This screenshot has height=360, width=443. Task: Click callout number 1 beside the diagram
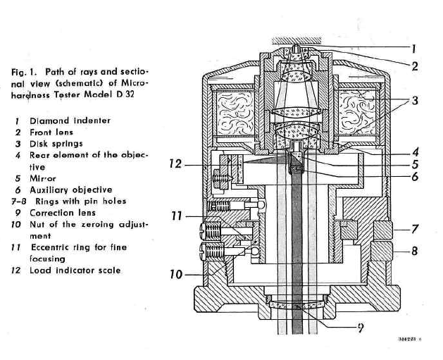pyautogui.click(x=414, y=49)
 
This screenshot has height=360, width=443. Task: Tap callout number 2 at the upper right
pyautogui.click(x=414, y=66)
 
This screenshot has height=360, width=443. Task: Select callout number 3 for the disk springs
pyautogui.click(x=415, y=101)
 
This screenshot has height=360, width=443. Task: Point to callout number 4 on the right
pyautogui.click(x=415, y=152)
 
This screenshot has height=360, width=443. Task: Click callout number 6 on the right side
pyautogui.click(x=415, y=177)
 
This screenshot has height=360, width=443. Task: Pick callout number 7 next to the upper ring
pyautogui.click(x=414, y=228)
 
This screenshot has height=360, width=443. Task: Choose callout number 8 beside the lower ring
pyautogui.click(x=414, y=251)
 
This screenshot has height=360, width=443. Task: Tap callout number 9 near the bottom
pyautogui.click(x=361, y=328)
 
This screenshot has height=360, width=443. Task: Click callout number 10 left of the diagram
pyautogui.click(x=176, y=274)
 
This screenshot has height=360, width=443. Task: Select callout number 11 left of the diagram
pyautogui.click(x=177, y=216)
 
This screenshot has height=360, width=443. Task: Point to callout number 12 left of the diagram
pyautogui.click(x=175, y=163)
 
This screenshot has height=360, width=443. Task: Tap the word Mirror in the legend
pyautogui.click(x=43, y=178)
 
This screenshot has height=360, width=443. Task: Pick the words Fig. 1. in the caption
pyautogui.click(x=24, y=72)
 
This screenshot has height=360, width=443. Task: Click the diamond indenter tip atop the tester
pyautogui.click(x=296, y=48)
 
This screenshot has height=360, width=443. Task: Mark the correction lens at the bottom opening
pyautogui.click(x=297, y=305)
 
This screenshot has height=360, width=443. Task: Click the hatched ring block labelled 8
pyautogui.click(x=382, y=251)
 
